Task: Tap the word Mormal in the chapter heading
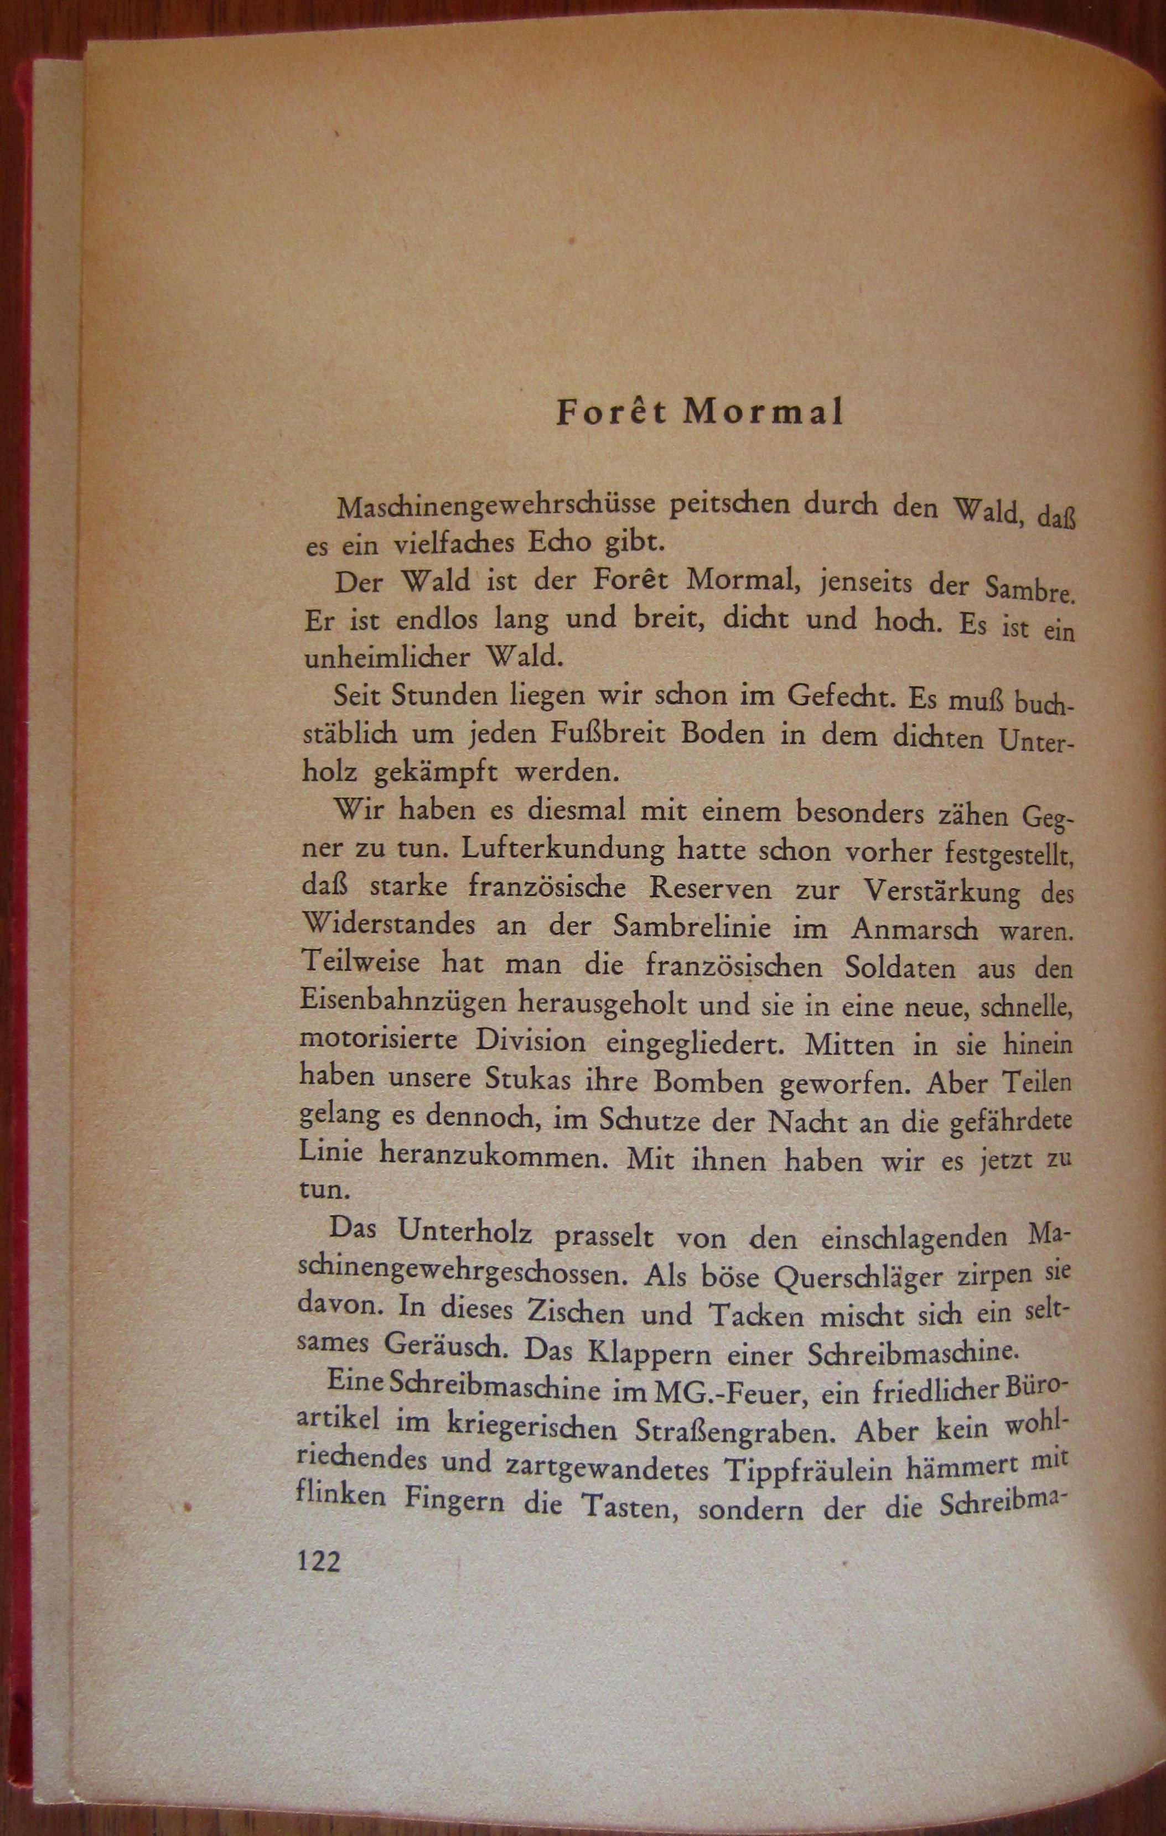pos(763,413)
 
